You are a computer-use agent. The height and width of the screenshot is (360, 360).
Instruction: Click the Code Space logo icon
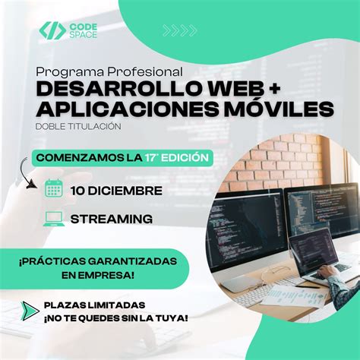(x=52, y=30)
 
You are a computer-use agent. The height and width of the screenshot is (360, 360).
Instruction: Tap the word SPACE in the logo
(x=84, y=36)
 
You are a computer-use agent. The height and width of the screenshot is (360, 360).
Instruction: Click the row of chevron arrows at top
(x=180, y=30)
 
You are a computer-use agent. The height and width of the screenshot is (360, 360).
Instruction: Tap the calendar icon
(x=54, y=188)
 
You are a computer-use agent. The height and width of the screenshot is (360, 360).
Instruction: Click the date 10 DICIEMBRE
(x=115, y=189)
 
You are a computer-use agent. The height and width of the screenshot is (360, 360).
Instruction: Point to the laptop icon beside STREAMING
(x=54, y=219)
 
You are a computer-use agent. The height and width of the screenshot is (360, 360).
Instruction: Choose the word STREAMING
(x=111, y=219)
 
